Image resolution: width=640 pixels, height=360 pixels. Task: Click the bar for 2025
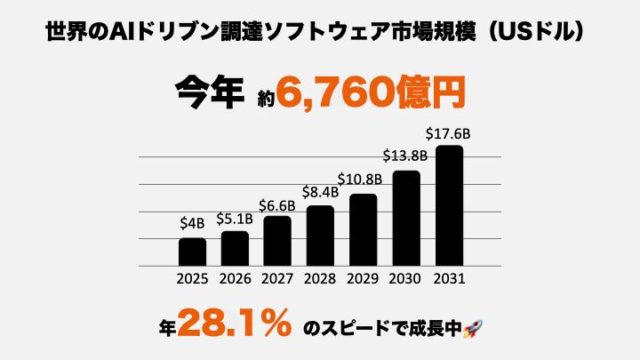tap(192, 252)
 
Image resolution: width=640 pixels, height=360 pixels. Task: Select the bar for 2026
tap(235, 248)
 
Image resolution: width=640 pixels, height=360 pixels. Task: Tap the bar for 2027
tap(277, 241)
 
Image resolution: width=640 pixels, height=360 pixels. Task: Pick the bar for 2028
tap(320, 236)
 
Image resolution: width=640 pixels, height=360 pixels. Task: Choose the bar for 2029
tap(363, 229)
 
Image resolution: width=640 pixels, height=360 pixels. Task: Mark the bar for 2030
tap(405, 218)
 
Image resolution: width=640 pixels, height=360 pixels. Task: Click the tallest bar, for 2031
tap(449, 205)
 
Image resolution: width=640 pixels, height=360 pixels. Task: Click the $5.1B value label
tap(235, 219)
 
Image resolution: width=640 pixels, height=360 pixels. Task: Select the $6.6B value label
tap(277, 204)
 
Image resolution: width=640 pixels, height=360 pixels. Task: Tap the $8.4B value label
tap(320, 193)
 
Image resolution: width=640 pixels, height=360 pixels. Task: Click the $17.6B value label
tap(449, 133)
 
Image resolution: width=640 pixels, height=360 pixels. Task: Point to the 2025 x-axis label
tap(192, 278)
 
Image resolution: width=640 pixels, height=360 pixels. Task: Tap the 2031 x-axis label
tap(449, 278)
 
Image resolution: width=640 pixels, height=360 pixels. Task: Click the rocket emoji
tap(472, 328)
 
